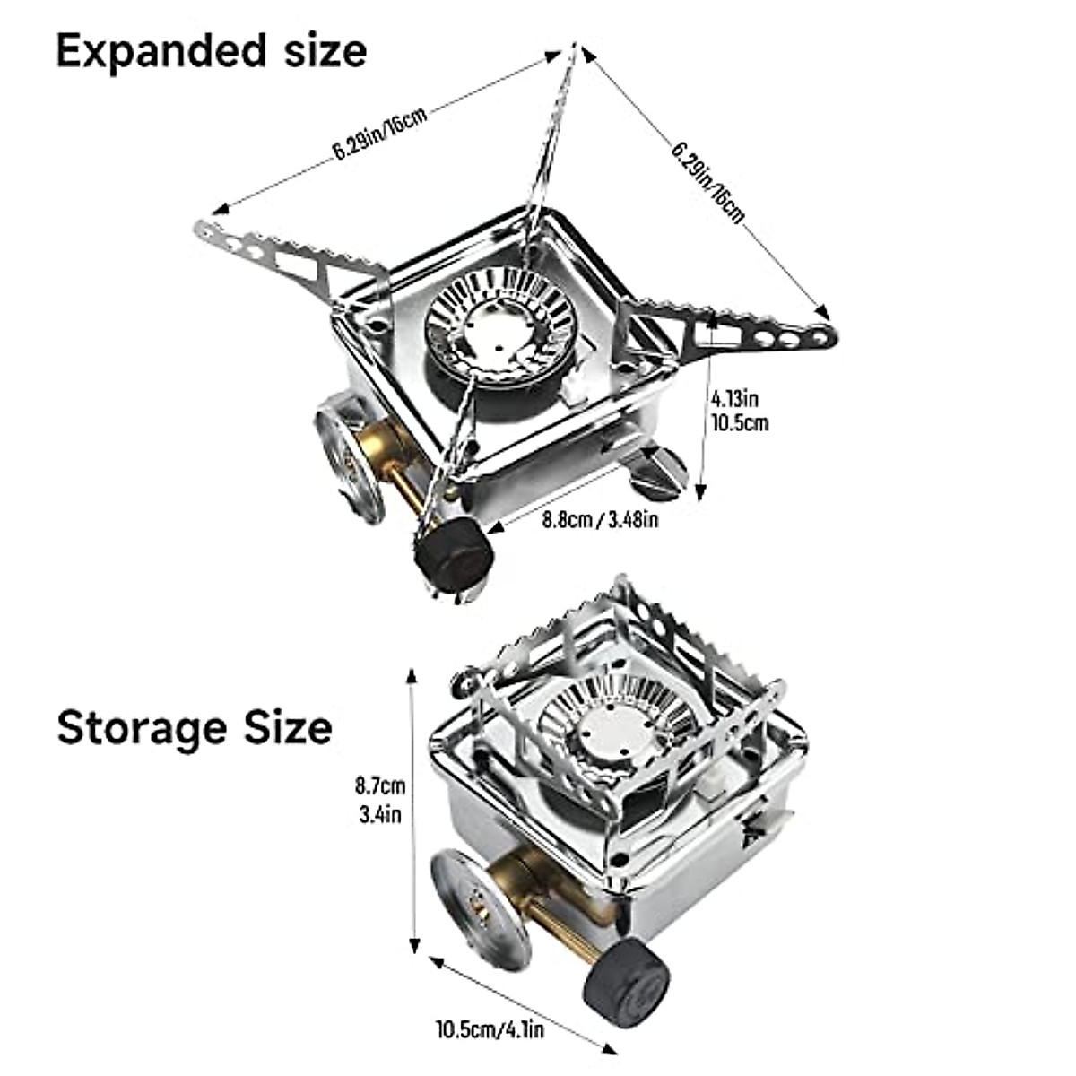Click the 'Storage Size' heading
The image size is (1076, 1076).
click(195, 726)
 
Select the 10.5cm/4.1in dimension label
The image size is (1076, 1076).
click(490, 1028)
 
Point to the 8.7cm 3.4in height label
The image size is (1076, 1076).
click(379, 801)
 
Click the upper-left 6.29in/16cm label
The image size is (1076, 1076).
click(380, 135)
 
